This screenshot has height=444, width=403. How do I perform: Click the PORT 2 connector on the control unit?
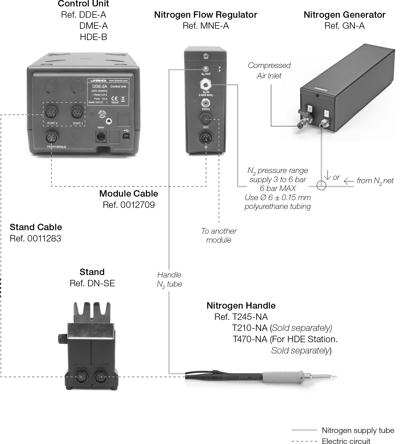52,113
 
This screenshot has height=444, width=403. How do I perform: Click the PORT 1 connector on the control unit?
78,113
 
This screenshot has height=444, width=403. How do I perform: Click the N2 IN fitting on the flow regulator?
206,85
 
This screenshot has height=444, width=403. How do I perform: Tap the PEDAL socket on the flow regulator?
206,103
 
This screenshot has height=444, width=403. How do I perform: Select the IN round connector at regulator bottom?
206,138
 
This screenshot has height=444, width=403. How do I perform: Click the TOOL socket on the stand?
101,378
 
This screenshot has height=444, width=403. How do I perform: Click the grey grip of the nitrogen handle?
283,376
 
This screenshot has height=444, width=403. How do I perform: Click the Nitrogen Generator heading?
344,15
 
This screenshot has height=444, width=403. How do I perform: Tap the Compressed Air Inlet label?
269,70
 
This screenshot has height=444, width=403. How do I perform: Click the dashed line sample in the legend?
304,441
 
